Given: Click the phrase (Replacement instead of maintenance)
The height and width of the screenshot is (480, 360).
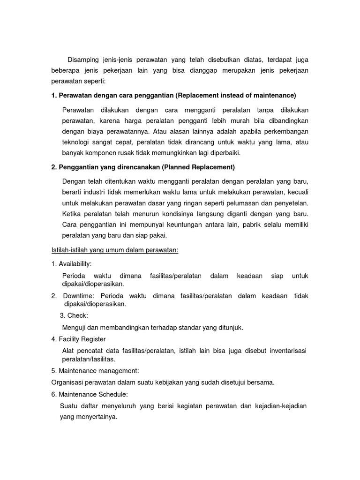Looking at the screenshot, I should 236,96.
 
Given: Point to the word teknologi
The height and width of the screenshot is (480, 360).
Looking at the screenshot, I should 78,142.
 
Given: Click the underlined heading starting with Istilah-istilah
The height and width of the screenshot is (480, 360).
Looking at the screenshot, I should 115,250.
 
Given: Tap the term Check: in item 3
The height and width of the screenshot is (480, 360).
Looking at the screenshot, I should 77,315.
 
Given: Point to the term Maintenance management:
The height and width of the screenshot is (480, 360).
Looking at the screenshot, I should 95,371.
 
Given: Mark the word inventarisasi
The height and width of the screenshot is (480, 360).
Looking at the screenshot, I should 283,351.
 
